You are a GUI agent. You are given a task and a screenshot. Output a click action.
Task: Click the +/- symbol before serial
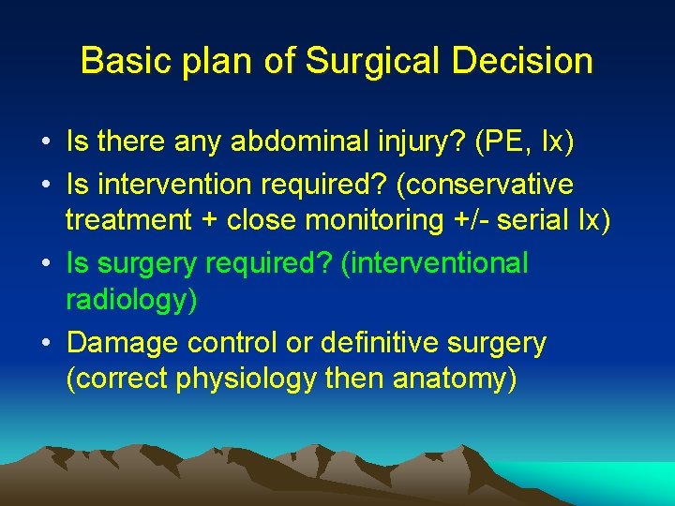469,220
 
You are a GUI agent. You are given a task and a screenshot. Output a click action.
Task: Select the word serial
532,220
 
